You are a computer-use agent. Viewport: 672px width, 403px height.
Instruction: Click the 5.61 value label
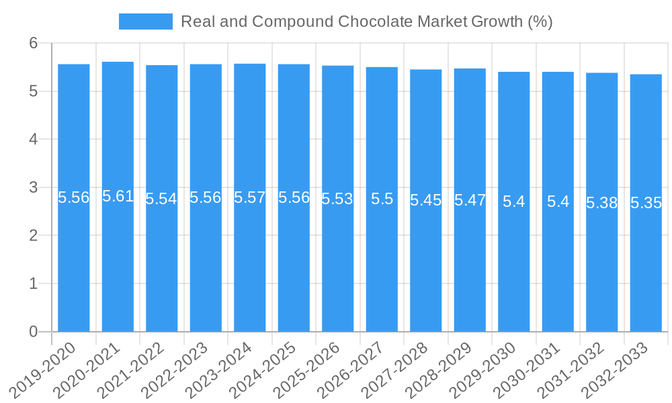118,197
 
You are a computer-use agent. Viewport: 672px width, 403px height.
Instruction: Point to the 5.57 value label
250,198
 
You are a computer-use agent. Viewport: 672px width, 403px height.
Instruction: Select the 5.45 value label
426,200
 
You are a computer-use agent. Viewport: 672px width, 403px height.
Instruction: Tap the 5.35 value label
646,203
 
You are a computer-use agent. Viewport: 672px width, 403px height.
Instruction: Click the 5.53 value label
337,199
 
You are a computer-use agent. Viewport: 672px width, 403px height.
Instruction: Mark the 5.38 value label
602,203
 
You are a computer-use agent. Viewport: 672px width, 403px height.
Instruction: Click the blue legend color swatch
145,21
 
